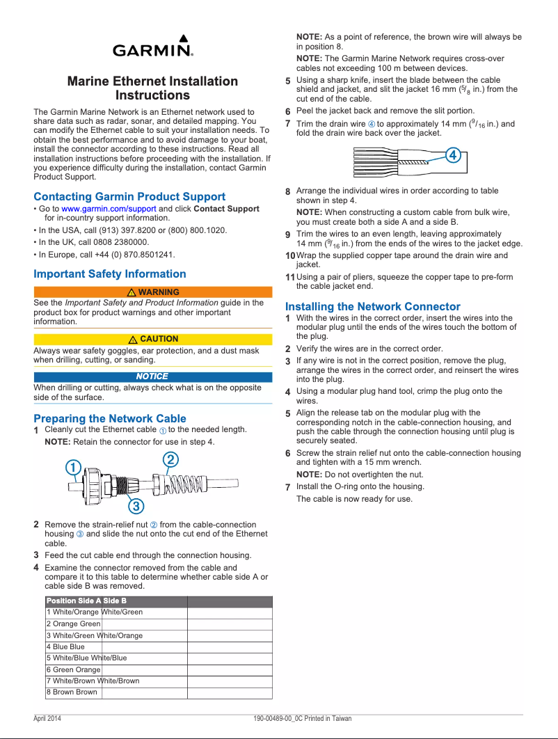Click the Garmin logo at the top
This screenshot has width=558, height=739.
coord(152,47)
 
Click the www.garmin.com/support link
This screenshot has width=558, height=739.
coord(109,209)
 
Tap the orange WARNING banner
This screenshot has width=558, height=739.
coord(152,292)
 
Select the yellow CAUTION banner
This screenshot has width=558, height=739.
coord(152,339)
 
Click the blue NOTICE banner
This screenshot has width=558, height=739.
coord(152,376)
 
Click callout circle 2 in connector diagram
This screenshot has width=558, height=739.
coord(170,459)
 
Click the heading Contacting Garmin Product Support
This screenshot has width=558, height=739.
coord(129,197)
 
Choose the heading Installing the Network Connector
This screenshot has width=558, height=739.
coord(373,306)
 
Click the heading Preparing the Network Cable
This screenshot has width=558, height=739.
coord(110,418)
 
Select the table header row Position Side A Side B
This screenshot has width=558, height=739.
coord(158,601)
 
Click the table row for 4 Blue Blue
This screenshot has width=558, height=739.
coord(158,647)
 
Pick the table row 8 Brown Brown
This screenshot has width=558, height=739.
coord(158,692)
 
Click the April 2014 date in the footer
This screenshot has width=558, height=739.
coord(47,719)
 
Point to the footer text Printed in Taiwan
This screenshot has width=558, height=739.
coord(328,719)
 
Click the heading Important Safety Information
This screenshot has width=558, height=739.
coord(110,274)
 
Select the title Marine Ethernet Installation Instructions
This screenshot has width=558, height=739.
coord(152,88)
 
